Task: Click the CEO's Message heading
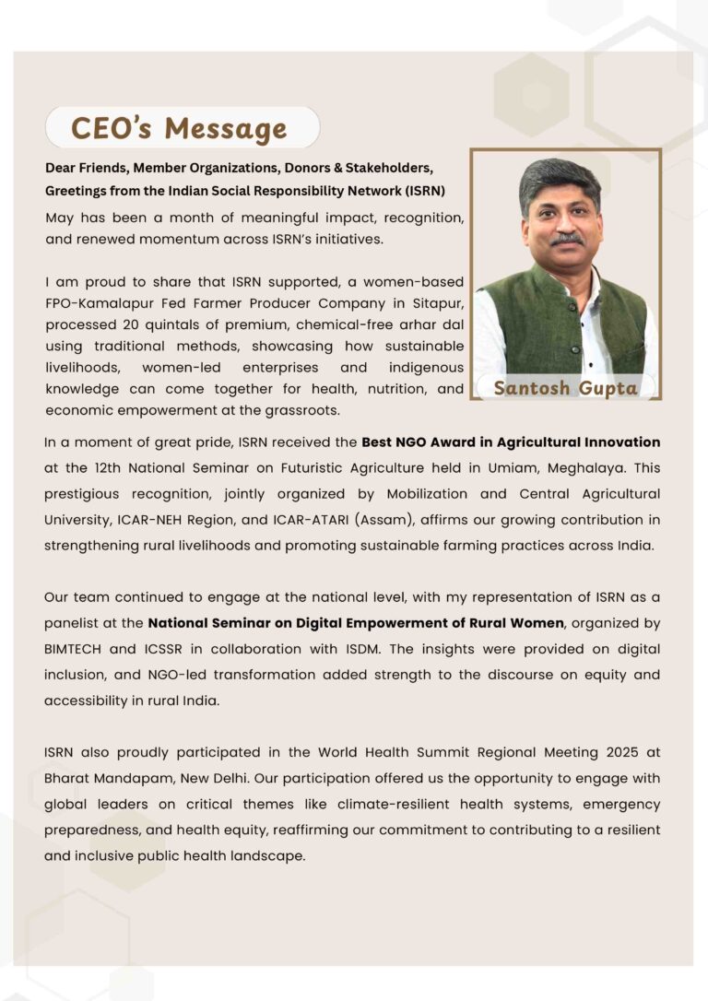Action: [179, 128]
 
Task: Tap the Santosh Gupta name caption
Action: [565, 388]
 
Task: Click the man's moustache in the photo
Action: [566, 238]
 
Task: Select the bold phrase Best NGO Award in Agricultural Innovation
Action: [511, 442]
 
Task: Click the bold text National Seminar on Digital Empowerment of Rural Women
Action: [356, 623]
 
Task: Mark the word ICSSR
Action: [187, 649]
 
